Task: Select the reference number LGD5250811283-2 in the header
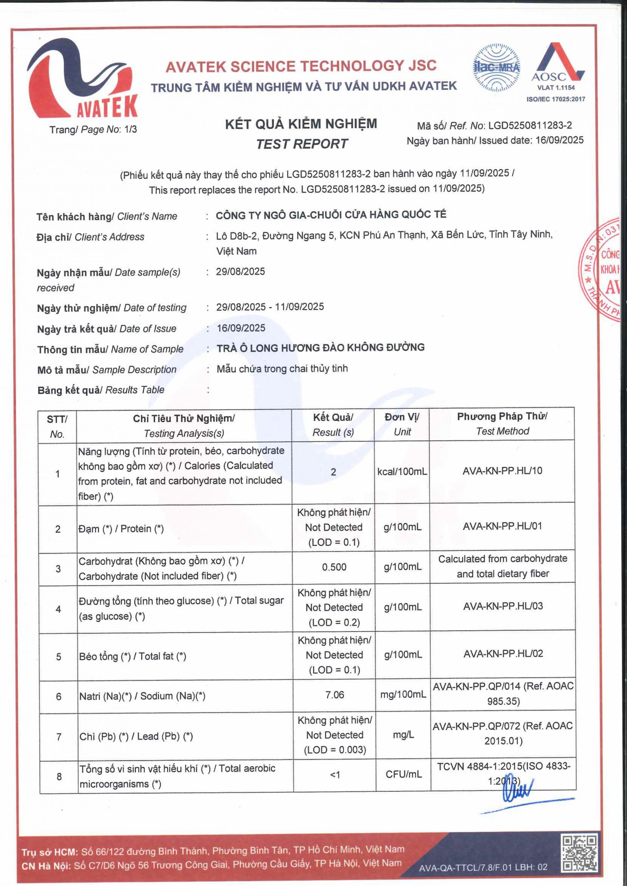(x=530, y=125)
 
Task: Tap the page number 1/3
(x=131, y=129)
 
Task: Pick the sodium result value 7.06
(x=334, y=695)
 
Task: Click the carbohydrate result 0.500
(x=334, y=567)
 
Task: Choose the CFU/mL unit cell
(x=403, y=774)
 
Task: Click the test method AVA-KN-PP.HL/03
(x=503, y=606)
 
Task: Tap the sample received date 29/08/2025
(x=240, y=271)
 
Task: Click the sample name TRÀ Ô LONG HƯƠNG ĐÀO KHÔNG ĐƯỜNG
(x=321, y=348)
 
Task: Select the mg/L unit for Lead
(x=403, y=735)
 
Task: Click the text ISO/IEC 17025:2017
(x=556, y=99)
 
